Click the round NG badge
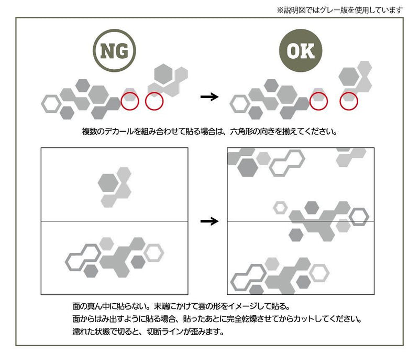pos(114,51)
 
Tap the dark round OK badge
pos(300,51)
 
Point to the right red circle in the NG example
pos(154,100)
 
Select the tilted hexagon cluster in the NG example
pos(167,79)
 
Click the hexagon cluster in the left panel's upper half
pos(114,186)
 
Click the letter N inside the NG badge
pos(107,51)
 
